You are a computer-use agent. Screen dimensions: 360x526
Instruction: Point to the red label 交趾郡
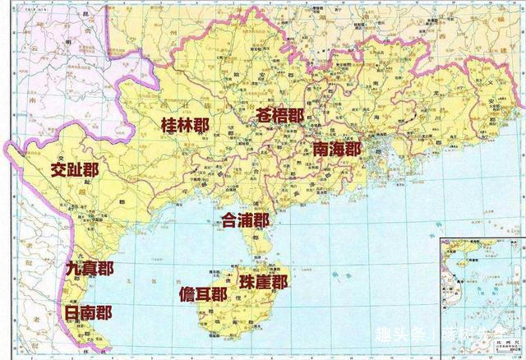click(74, 170)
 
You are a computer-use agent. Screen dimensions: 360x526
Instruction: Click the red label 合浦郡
click(245, 220)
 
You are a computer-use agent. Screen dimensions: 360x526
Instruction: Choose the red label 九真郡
click(90, 269)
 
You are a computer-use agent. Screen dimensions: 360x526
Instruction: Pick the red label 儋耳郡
click(202, 294)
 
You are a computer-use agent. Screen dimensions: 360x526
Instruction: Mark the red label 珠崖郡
click(263, 281)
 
